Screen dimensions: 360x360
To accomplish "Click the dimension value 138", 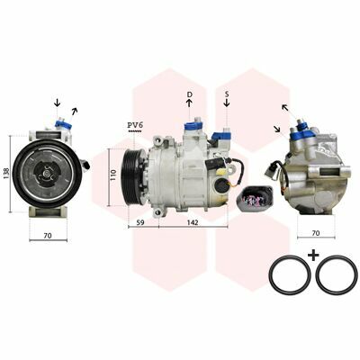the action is pyautogui.click(x=6, y=174).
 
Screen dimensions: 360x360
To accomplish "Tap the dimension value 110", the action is pyautogui.click(x=113, y=175).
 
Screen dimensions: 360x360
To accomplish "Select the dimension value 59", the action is pyautogui.click(x=140, y=222).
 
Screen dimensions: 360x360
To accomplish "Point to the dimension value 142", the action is pyautogui.click(x=193, y=222).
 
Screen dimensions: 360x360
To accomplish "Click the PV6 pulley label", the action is pyautogui.click(x=134, y=125).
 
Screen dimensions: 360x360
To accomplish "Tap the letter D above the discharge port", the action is pyautogui.click(x=189, y=94).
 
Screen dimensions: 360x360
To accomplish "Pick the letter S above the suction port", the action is pyautogui.click(x=227, y=94).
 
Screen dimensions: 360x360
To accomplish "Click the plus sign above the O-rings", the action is pyautogui.click(x=313, y=256).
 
